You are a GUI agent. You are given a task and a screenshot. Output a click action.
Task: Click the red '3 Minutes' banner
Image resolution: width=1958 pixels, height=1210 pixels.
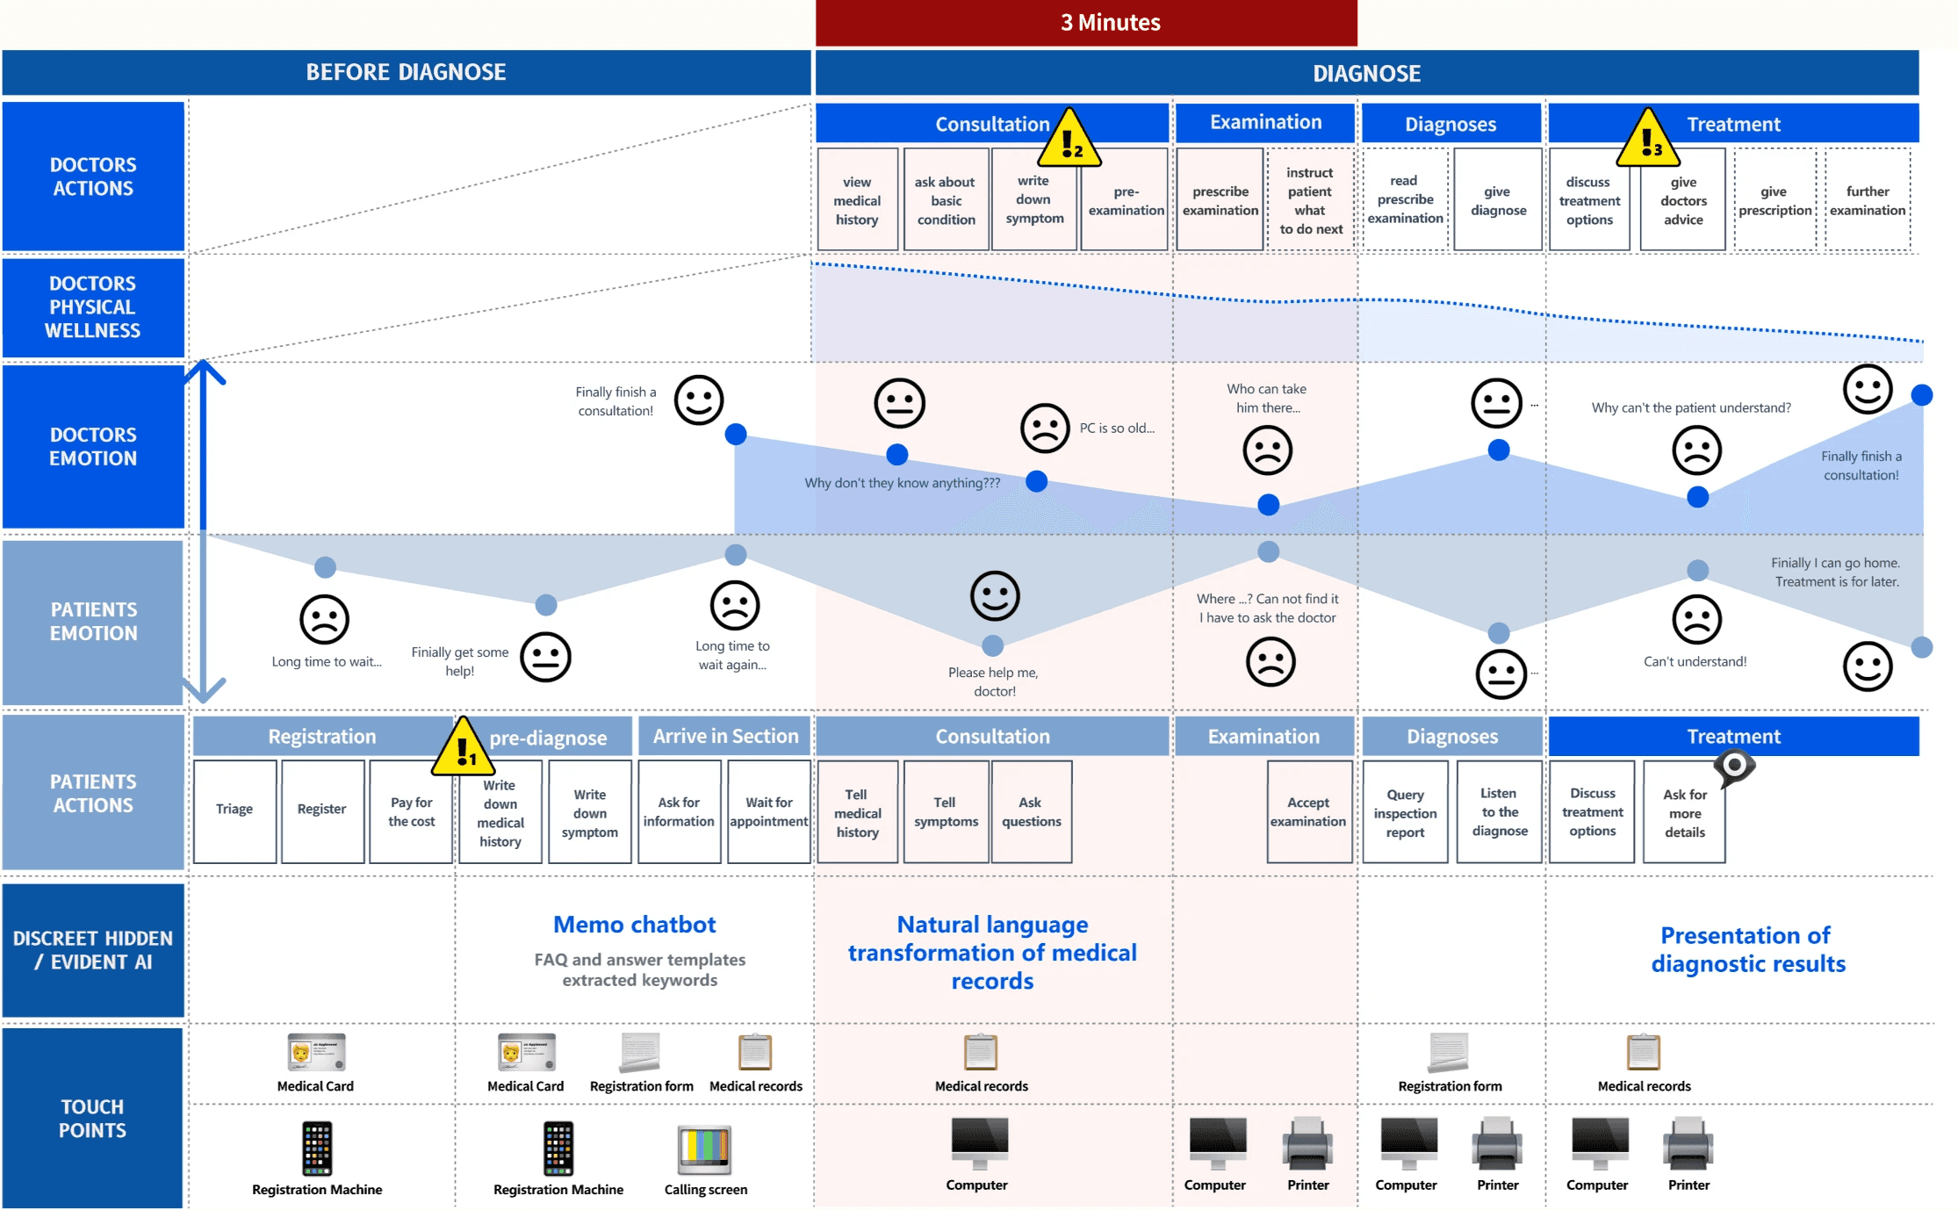click(1086, 23)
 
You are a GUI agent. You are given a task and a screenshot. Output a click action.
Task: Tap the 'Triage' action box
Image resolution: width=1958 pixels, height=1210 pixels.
click(234, 810)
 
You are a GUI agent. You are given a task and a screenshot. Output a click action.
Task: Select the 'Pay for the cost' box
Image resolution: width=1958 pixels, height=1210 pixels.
click(412, 810)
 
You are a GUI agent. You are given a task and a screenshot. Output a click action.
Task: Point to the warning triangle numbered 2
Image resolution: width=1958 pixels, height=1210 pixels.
click(1069, 139)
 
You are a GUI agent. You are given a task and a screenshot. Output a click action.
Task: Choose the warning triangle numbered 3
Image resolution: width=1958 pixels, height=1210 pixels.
click(1648, 139)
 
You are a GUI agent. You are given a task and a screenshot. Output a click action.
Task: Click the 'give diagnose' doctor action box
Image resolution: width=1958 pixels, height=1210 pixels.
click(1498, 200)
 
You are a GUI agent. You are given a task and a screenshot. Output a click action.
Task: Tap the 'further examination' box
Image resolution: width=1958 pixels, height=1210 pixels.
click(1868, 200)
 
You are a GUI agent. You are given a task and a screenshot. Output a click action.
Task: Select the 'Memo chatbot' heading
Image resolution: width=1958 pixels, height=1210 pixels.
click(635, 925)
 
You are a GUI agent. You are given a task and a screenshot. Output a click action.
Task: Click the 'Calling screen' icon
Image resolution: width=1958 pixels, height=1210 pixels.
click(705, 1149)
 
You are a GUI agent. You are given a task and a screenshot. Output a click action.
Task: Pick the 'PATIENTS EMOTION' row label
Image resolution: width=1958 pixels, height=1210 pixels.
click(93, 622)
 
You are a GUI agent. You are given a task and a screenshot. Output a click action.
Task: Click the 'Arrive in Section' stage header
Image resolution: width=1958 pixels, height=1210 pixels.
click(725, 736)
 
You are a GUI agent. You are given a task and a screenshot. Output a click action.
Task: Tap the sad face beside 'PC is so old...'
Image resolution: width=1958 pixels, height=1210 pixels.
click(1045, 429)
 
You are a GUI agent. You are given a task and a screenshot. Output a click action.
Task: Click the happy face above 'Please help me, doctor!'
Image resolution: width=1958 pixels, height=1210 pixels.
click(995, 596)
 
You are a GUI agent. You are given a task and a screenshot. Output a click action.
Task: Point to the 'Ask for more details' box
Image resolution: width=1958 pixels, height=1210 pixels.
click(1684, 812)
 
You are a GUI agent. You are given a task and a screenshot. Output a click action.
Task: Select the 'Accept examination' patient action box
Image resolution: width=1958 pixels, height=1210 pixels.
click(1308, 812)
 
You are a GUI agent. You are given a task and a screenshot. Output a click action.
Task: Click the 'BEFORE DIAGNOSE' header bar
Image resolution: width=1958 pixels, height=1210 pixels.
click(406, 72)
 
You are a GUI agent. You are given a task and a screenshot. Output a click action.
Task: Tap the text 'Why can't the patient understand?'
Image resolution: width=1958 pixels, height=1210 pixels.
click(1691, 407)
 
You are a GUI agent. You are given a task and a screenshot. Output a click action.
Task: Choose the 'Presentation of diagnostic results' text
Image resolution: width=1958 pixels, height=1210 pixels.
click(1747, 949)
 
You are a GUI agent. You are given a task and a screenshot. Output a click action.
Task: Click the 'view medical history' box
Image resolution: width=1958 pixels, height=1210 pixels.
click(857, 200)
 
